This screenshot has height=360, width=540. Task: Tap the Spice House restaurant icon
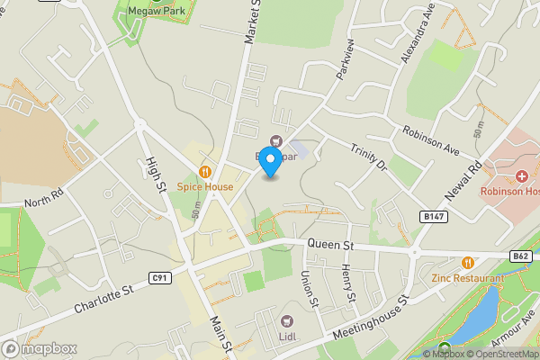coord(205,171)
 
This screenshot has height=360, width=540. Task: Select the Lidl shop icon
coord(288,321)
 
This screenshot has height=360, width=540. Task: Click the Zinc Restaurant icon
coord(467,262)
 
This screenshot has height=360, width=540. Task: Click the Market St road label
coord(251,22)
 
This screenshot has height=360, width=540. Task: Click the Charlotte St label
coord(102,300)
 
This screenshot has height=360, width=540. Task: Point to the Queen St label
coord(331,244)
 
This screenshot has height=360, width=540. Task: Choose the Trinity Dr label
coord(368,161)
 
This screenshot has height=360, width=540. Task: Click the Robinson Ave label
coord(431,139)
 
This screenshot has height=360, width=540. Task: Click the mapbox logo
coord(40,348)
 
